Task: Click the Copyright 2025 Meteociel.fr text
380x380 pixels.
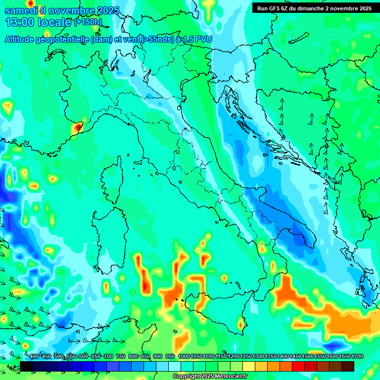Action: [210, 377]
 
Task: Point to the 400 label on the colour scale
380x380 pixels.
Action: [34, 357]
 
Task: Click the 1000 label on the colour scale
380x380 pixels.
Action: [184, 357]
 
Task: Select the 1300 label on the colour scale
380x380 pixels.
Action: [258, 357]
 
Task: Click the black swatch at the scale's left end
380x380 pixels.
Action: [26, 366]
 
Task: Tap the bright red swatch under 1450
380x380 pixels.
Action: [298, 366]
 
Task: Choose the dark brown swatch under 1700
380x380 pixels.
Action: [348, 366]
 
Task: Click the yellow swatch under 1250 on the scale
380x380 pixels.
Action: [249, 366]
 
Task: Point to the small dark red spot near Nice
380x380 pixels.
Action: [78, 127]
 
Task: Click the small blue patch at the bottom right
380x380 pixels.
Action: [333, 345]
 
